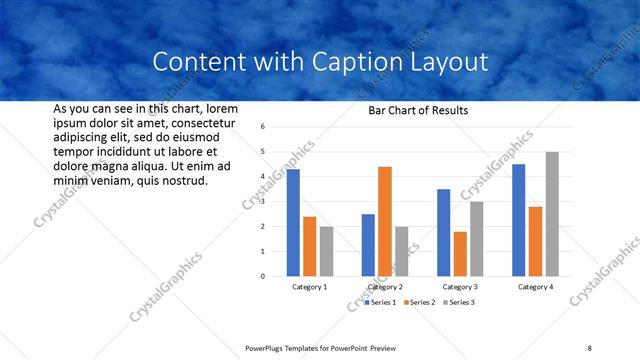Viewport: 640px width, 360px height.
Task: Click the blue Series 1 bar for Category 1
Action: pyautogui.click(x=293, y=223)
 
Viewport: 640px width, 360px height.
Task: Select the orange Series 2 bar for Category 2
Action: pyautogui.click(x=385, y=221)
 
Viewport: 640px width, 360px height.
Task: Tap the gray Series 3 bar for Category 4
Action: pyautogui.click(x=552, y=214)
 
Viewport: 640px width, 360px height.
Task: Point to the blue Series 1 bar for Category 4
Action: pyautogui.click(x=518, y=220)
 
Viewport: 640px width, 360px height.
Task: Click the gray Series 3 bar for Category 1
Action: pyautogui.click(x=326, y=251)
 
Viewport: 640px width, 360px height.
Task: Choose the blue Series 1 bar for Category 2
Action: pyautogui.click(x=368, y=245)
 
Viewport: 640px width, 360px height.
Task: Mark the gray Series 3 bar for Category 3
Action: pyautogui.click(x=477, y=239)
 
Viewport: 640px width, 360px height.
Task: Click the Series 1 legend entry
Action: pyautogui.click(x=379, y=302)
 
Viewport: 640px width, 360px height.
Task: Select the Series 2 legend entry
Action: pyautogui.click(x=419, y=302)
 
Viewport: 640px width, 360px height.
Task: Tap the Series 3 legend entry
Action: pyautogui.click(x=459, y=302)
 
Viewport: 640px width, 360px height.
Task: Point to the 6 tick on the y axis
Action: pyautogui.click(x=262, y=127)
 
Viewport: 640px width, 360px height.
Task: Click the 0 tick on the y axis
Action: pyautogui.click(x=262, y=276)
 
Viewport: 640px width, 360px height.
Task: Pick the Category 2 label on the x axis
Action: pyautogui.click(x=385, y=287)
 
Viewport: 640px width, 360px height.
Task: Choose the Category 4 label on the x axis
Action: pyautogui.click(x=535, y=287)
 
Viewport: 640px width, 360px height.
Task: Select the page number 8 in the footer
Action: pyautogui.click(x=590, y=347)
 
